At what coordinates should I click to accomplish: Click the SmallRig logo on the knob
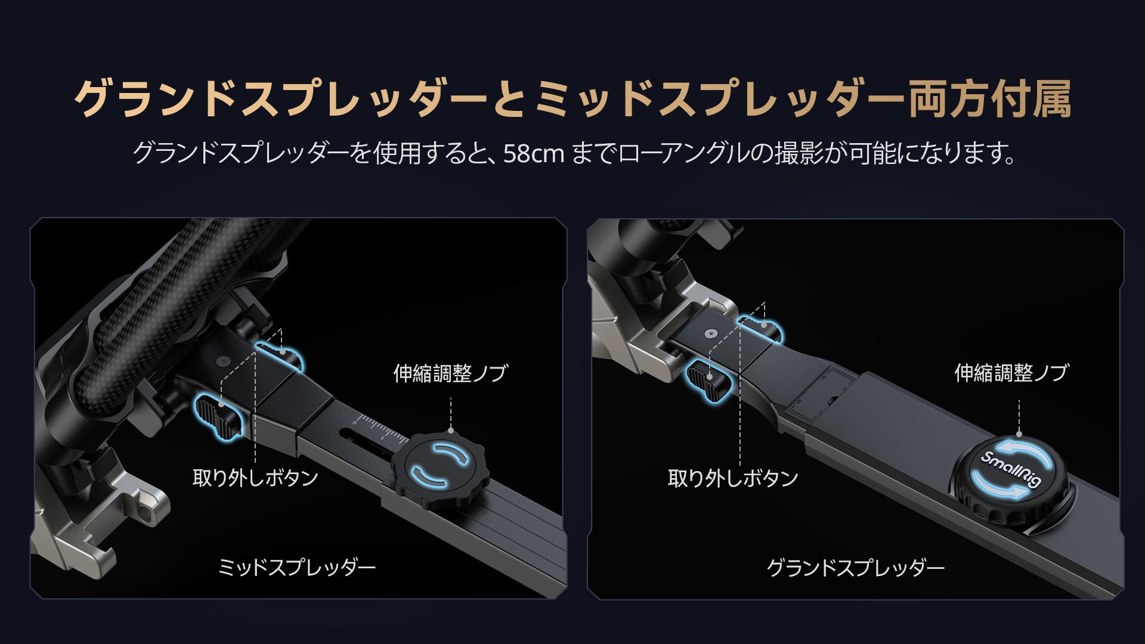(1010, 469)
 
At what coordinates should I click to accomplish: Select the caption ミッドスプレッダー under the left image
(297, 567)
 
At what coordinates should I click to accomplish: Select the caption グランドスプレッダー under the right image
(855, 567)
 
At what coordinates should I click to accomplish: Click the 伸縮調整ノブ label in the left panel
(450, 373)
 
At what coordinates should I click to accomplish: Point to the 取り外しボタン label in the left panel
(255, 478)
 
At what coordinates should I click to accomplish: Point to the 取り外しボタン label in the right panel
(732, 478)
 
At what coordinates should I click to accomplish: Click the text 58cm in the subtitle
(534, 154)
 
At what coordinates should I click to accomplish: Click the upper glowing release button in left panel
(281, 355)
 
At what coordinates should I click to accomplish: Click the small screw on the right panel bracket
(710, 335)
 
